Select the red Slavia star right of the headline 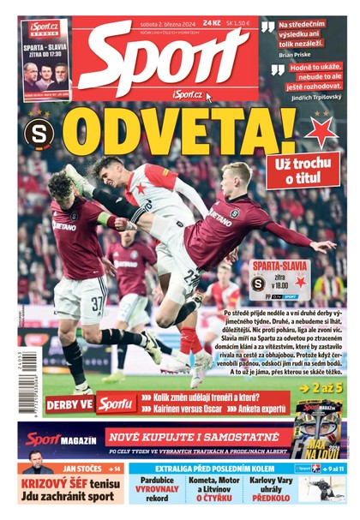[321, 132]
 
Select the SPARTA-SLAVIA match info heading [279, 266]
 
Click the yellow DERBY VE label [68, 403]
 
